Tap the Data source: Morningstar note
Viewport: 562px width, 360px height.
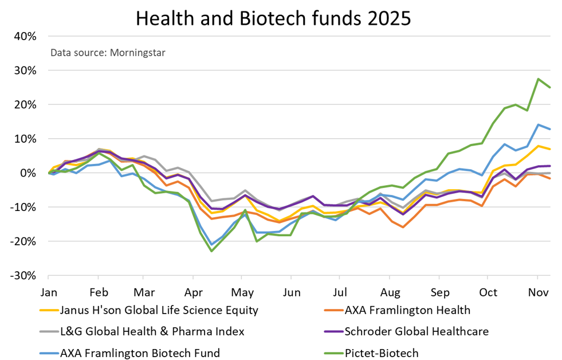108,53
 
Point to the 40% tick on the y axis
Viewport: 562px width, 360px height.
25,36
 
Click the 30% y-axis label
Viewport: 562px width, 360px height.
25,71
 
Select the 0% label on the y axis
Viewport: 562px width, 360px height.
28,173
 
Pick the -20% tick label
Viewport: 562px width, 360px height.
23,241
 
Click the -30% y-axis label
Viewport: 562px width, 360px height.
23,275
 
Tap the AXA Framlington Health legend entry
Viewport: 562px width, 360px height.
407,310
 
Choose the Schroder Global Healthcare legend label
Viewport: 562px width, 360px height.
416,331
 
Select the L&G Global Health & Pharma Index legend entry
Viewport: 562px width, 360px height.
152,331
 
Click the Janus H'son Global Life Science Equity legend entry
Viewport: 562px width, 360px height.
159,310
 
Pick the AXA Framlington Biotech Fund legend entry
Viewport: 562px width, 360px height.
140,353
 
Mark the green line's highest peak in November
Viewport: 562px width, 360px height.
538,79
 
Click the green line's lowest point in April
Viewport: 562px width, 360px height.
211,251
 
